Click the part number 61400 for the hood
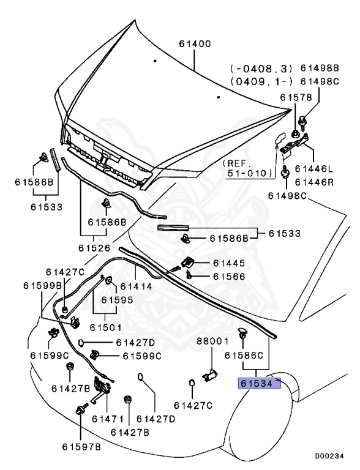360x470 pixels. point(195,44)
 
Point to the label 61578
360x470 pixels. point(296,97)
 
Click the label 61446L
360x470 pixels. point(314,168)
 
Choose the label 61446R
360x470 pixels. point(314,182)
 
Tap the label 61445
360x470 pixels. point(229,263)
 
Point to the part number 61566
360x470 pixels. point(229,277)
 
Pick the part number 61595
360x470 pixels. point(117,300)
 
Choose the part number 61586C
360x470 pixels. point(243,355)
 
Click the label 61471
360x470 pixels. point(105,419)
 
